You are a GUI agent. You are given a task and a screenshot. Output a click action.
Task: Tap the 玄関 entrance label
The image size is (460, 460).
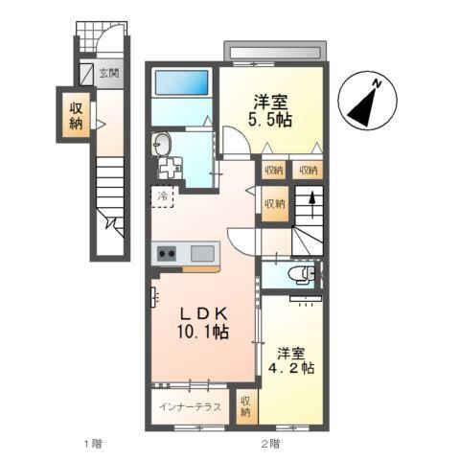coord(107,73)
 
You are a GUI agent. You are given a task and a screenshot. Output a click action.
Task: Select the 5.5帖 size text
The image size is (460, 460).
coord(272,123)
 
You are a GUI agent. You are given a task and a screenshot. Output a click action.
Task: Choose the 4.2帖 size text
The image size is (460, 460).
coord(293,366)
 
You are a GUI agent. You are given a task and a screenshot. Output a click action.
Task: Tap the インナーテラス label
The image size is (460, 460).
coord(190,406)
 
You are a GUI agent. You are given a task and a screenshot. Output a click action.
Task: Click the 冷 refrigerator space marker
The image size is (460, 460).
coord(163,197)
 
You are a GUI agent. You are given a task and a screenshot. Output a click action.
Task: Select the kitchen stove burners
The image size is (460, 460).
coord(166,253)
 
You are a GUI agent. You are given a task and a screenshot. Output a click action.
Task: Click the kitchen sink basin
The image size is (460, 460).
coord(203,253)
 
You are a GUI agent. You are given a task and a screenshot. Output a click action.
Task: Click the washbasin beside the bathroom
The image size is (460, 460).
coord(162,146)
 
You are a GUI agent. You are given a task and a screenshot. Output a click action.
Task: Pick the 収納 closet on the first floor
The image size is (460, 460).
coord(75,115)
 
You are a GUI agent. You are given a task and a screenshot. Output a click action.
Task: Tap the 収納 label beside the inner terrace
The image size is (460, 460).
coord(245,406)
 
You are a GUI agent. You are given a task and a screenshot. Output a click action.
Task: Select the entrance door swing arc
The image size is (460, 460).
coord(110,41)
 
